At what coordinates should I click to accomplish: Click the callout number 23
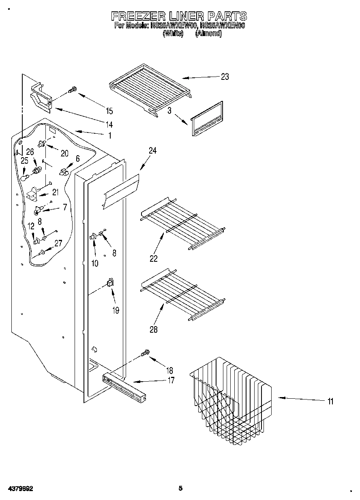pos(225,77)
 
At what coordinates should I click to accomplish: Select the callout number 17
pos(171,380)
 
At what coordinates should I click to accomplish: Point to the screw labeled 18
pos(145,354)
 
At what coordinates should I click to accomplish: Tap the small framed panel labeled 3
pos(207,119)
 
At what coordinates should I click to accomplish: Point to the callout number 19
pos(116,310)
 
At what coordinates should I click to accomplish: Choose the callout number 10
pos(94,263)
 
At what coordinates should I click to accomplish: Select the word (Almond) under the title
pos(208,34)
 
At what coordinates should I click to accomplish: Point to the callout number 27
pos(58,243)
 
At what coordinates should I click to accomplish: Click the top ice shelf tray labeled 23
pos(150,87)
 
